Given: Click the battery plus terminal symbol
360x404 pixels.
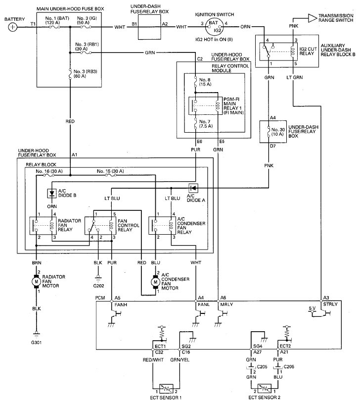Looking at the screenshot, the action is click(x=12, y=27).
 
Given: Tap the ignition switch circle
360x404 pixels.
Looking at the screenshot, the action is click(x=214, y=27).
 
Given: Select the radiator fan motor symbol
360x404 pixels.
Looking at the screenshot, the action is click(x=36, y=282).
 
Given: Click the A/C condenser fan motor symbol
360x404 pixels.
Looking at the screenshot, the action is click(x=155, y=282).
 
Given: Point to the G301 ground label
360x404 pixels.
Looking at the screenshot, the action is click(x=36, y=343).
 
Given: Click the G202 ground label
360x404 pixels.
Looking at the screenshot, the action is click(x=98, y=286).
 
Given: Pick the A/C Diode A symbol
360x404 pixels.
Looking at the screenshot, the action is click(x=193, y=188).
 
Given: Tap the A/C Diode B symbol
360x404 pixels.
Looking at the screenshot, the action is click(x=52, y=193).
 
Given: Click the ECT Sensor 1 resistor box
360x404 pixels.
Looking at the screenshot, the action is click(x=166, y=388).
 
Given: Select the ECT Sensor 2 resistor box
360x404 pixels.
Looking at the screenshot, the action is click(x=264, y=388).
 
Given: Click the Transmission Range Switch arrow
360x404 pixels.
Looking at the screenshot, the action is click(x=313, y=18).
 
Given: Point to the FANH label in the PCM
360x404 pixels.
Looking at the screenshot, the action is click(x=121, y=304).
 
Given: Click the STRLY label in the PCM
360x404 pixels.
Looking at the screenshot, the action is click(x=330, y=304).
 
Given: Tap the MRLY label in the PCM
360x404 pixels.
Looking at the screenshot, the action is click(x=226, y=304).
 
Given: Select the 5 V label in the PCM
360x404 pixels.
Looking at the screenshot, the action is click(x=312, y=308).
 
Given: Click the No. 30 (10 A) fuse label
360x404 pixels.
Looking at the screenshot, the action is click(x=278, y=132).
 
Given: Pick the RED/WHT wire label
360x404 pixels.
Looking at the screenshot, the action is click(x=153, y=359).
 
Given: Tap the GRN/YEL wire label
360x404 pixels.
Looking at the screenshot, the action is click(x=180, y=359).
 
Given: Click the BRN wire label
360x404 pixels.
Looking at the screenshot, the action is click(x=37, y=263).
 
